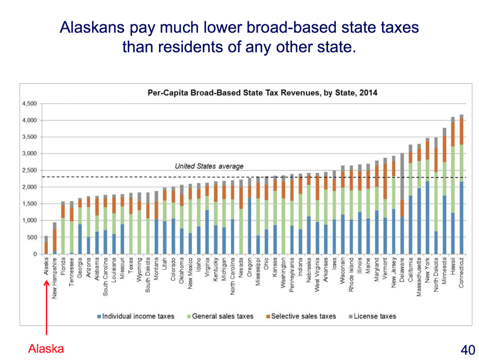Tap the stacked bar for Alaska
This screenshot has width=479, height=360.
click(46, 245)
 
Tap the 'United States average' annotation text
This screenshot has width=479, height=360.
click(209, 166)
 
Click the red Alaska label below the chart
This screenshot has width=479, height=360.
click(46, 349)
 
